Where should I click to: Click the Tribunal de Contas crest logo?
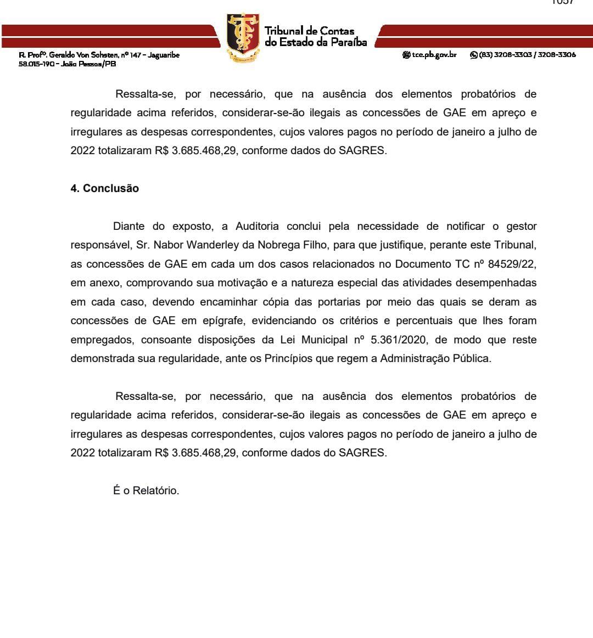point(244,37)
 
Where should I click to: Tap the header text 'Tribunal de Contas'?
point(309,31)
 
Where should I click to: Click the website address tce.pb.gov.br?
point(434,55)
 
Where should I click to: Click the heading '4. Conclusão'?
point(104,188)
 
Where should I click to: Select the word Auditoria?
point(257,226)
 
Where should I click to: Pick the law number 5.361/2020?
point(400,340)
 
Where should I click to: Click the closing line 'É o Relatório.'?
point(146,490)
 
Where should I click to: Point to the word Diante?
point(128,226)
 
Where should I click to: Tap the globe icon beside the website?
point(406,55)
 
